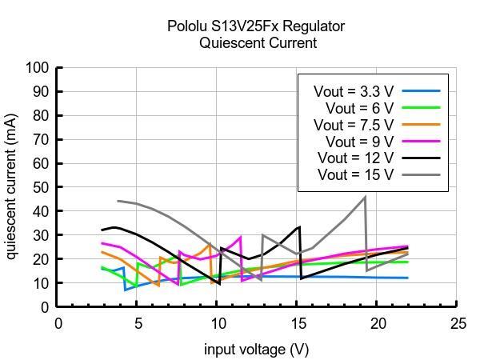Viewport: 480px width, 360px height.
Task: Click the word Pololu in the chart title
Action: (x=189, y=26)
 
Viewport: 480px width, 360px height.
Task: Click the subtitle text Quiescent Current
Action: (x=258, y=43)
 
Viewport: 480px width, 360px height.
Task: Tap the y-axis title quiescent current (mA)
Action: (x=12, y=186)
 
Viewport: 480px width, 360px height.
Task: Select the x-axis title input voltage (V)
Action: (x=256, y=349)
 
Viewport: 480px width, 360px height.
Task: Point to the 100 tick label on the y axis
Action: (x=38, y=68)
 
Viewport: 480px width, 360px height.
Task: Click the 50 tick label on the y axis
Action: (x=41, y=187)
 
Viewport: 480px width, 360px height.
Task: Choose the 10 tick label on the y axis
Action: (x=41, y=283)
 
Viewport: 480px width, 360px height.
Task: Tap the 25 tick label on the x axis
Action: (x=458, y=323)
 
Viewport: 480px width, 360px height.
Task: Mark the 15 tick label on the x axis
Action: (x=298, y=323)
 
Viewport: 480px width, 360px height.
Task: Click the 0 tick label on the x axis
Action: (x=58, y=323)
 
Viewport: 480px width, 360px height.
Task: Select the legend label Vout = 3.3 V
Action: (x=354, y=91)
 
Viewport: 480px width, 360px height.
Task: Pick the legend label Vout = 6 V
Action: (x=359, y=108)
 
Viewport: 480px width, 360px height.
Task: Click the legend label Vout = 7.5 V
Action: (x=354, y=125)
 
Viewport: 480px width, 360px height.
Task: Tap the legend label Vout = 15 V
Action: (x=356, y=174)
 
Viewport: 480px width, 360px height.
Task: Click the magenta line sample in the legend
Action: (x=421, y=141)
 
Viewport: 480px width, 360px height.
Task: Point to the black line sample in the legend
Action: (x=421, y=158)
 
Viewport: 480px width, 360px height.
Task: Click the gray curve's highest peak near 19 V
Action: (x=365, y=197)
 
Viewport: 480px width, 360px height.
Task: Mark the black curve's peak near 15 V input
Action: (x=299, y=226)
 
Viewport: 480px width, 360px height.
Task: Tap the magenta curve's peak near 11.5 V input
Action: (x=240, y=237)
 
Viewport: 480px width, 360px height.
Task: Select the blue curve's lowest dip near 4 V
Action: (x=126, y=289)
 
